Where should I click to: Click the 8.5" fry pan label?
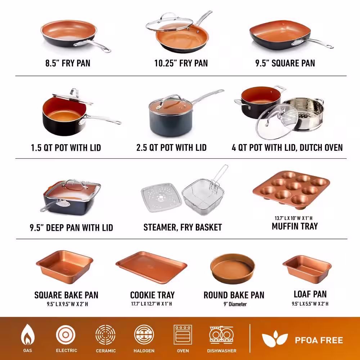click(68, 63)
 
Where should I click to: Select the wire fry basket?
click(204, 193)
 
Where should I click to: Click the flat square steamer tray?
click(161, 197)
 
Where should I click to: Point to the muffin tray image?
click(291, 190)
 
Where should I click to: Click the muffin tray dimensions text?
click(293, 218)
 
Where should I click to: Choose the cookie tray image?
click(152, 267)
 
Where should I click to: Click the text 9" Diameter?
click(235, 304)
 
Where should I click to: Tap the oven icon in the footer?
click(183, 334)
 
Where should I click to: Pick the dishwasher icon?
click(221, 335)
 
